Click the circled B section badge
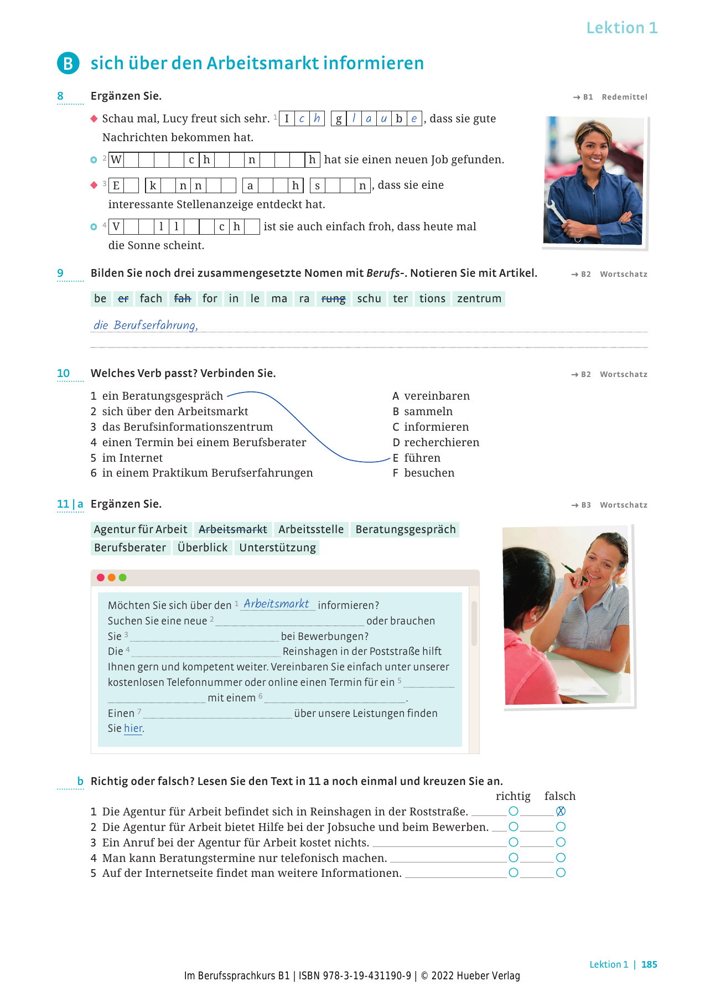click(x=68, y=63)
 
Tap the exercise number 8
click(x=60, y=96)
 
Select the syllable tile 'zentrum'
click(x=479, y=298)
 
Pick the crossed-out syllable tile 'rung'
click(x=333, y=298)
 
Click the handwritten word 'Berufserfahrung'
click(x=155, y=325)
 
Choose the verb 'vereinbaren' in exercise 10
click(x=437, y=396)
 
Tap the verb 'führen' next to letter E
click(x=422, y=458)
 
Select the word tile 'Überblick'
click(x=203, y=547)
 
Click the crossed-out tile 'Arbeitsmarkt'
click(x=232, y=529)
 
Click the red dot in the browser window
click(x=101, y=577)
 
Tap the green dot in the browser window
click(x=123, y=577)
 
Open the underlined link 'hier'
click(x=133, y=729)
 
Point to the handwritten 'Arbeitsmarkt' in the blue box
click(x=276, y=603)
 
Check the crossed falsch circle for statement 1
click(x=561, y=811)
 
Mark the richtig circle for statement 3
click(x=514, y=842)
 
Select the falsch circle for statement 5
click(x=561, y=872)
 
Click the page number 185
click(x=649, y=964)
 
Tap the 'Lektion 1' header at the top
click(x=621, y=28)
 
